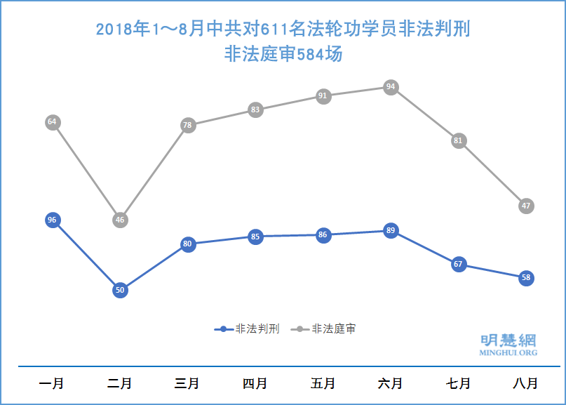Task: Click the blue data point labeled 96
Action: [x=51, y=220]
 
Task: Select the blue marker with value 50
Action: [x=120, y=289]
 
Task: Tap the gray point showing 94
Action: [x=391, y=87]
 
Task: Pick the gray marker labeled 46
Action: [x=120, y=220]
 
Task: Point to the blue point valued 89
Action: [x=391, y=230]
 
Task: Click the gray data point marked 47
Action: [x=527, y=206]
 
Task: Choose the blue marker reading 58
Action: [x=527, y=278]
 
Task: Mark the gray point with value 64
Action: [x=51, y=122]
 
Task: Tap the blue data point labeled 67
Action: [x=459, y=264]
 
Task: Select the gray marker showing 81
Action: [x=459, y=140]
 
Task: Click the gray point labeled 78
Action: [x=187, y=126]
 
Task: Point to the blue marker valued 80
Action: [x=187, y=244]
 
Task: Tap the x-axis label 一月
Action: [x=51, y=384]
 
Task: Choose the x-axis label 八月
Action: [x=526, y=384]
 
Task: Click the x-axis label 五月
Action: [x=323, y=384]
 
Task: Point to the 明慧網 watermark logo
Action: [x=508, y=344]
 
